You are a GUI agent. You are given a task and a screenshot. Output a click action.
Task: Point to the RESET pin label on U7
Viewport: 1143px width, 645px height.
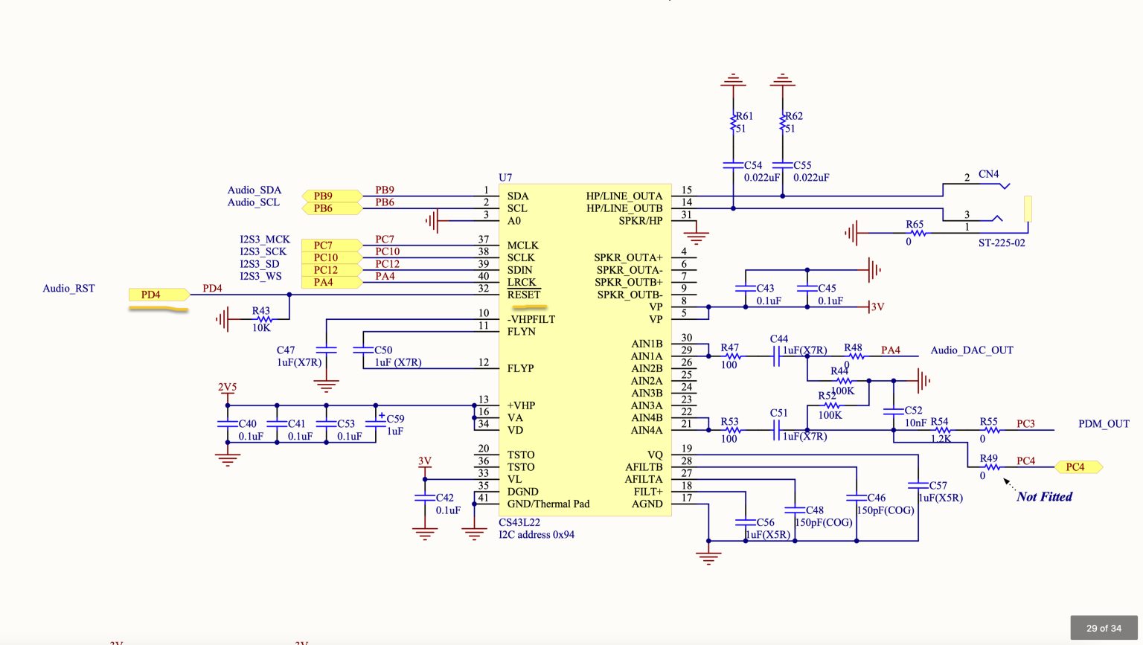(524, 295)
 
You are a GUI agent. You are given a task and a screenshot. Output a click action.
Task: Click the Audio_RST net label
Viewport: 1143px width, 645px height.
(68, 289)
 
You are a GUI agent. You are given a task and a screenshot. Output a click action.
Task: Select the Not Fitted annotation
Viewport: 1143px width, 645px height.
(1044, 497)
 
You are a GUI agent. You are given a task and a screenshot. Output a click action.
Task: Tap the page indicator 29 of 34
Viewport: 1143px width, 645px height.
(1104, 628)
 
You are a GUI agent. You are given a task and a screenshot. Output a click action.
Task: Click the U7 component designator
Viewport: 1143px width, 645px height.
(505, 177)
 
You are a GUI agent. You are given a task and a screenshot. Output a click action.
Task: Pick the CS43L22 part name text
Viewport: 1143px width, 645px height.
(519, 523)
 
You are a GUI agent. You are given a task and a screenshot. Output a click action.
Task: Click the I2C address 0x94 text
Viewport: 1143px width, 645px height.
(537, 535)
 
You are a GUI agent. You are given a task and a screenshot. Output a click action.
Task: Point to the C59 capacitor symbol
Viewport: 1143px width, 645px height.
(376, 424)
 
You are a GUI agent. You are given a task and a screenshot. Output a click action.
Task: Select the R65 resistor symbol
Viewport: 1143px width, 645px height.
(918, 233)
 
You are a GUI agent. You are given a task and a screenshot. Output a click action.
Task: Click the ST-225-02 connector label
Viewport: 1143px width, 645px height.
(1002, 243)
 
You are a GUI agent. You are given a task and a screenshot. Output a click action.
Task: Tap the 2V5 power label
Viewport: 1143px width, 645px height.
(227, 388)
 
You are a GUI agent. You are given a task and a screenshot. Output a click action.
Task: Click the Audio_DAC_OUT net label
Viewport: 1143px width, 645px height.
(972, 350)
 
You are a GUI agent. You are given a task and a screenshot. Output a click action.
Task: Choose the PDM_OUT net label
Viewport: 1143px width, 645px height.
(1104, 424)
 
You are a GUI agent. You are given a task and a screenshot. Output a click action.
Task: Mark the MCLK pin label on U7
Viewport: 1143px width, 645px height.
(522, 246)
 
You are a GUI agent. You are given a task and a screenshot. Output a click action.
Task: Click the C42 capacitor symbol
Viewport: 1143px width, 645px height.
(424, 498)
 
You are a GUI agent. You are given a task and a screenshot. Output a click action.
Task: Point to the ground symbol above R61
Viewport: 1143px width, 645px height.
(733, 80)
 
